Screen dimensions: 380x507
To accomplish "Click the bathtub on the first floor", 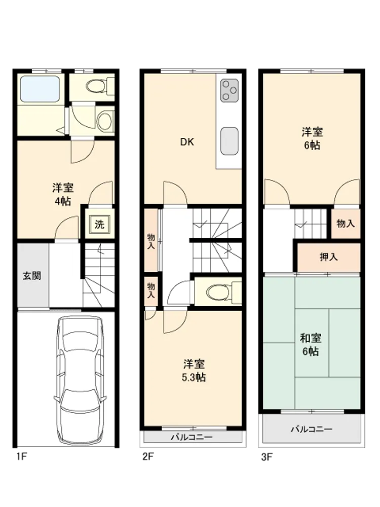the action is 40,89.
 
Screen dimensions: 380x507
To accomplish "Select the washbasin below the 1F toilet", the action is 105,121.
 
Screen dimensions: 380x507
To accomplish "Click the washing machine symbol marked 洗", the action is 99,224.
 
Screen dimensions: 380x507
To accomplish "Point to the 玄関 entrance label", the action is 31,276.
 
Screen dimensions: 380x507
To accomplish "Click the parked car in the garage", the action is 80,380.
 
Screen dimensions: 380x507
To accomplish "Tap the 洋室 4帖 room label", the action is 63,194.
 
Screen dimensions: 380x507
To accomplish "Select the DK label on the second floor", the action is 187,141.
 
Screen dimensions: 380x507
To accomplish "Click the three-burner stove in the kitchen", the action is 230,91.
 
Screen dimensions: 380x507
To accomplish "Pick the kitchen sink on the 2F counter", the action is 230,141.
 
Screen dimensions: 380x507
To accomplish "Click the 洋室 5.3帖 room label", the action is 194,371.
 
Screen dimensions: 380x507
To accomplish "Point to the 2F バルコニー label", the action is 192,437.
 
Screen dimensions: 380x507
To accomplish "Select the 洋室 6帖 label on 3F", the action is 312,138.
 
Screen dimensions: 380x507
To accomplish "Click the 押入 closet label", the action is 329,257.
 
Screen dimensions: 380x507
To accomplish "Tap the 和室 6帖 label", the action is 311,345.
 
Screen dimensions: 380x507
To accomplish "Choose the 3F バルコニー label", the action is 312,429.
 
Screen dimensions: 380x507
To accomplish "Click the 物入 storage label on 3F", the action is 346,223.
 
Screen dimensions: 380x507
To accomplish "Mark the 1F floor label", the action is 22,457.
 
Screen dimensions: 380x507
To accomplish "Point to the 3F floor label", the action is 267,457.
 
